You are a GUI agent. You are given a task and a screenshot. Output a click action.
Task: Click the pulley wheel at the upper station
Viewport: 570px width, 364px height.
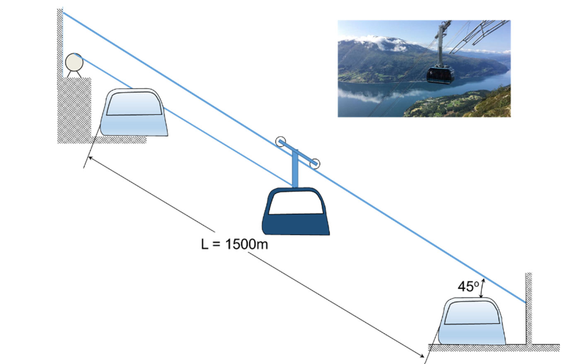pos(74,62)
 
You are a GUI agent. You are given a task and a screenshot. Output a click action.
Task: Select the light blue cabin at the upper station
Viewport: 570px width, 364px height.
pos(135,113)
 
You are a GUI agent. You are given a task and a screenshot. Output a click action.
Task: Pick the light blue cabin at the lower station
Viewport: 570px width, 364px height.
pos(472,321)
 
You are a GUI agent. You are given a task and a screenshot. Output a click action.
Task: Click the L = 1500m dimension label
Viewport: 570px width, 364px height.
pos(235,244)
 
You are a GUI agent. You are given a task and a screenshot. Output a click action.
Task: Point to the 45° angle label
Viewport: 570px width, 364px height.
pos(467,286)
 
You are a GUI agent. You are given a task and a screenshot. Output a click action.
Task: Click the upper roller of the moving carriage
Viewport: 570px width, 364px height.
pos(280,142)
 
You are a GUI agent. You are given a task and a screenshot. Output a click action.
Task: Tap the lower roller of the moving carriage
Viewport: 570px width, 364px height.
pos(315,163)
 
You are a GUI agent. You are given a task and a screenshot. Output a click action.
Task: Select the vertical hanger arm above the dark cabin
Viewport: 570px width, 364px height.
pos(295,169)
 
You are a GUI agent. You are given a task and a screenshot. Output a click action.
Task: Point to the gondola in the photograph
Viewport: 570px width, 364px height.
pos(440,73)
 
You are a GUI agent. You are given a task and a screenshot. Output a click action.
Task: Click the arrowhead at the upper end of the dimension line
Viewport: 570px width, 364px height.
pos(91,158)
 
